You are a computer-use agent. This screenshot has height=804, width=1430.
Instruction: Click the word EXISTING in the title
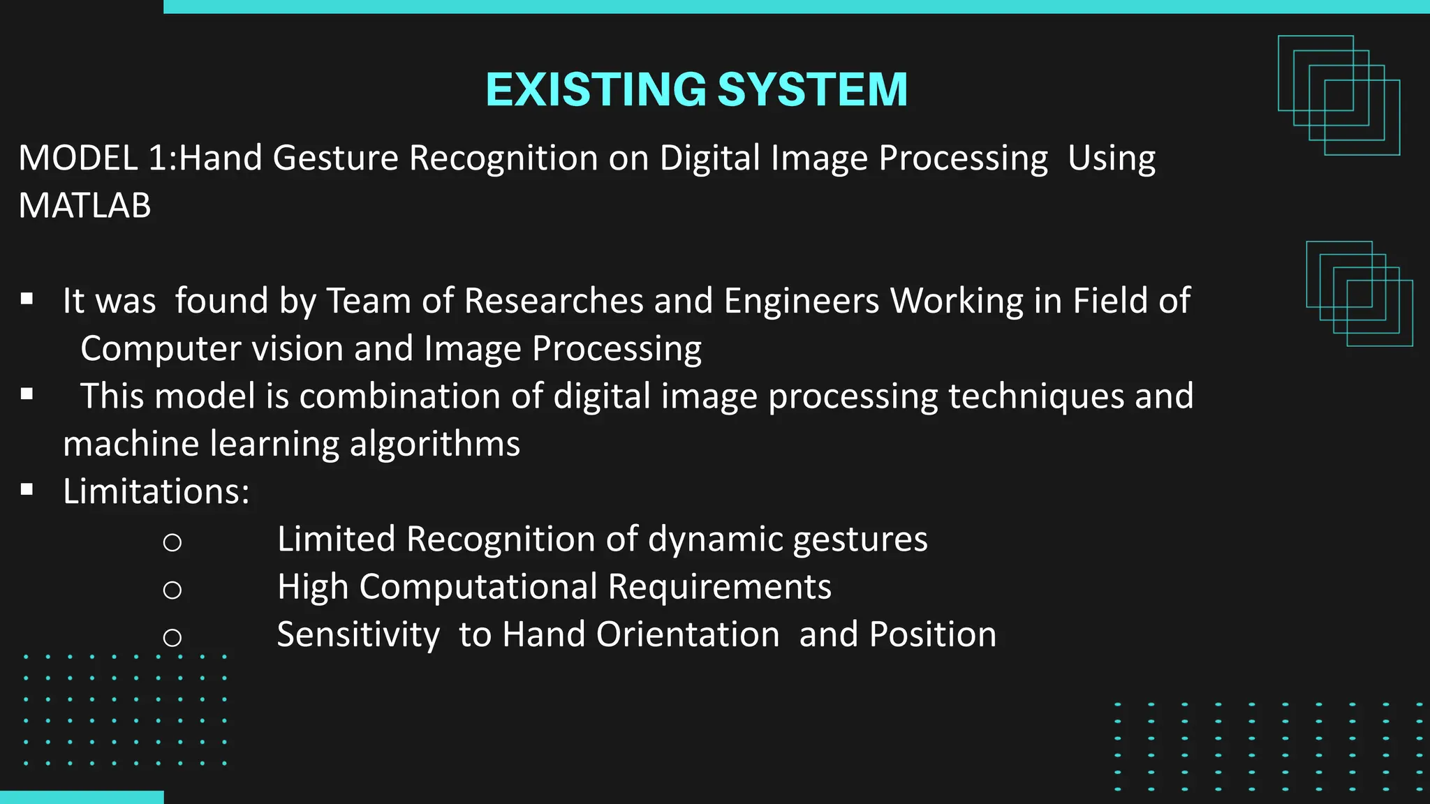[596, 90]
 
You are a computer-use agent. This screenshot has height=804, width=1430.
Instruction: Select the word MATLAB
[84, 206]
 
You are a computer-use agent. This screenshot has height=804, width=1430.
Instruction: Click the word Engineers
[802, 301]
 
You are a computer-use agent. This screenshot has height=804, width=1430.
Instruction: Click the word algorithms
[435, 445]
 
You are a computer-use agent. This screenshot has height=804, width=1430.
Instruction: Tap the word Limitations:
[156, 492]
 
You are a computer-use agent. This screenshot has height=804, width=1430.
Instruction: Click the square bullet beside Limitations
[27, 490]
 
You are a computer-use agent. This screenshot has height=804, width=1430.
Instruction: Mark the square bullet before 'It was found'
[27, 299]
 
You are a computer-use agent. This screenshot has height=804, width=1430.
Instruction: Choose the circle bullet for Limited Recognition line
[172, 542]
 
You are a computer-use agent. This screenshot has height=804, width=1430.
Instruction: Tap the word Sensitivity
[358, 635]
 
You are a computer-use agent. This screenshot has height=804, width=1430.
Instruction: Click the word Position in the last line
[933, 635]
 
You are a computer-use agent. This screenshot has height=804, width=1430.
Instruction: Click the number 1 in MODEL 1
[159, 158]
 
